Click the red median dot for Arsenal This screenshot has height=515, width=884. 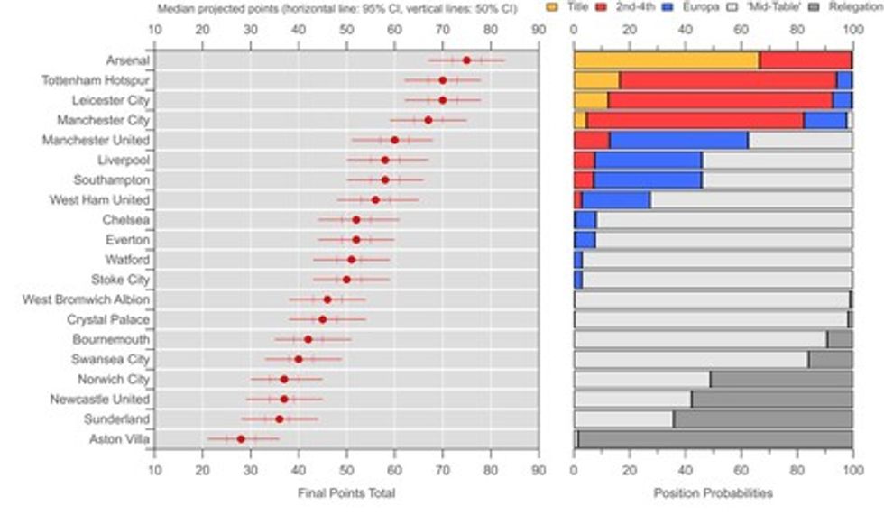coord(466,60)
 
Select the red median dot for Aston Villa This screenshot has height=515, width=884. coord(241,439)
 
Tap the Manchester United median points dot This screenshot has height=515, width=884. coord(394,140)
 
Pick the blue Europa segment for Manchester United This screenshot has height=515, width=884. coord(678,140)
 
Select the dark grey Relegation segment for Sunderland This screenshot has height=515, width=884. coord(762,419)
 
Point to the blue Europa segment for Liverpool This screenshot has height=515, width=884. coord(649,160)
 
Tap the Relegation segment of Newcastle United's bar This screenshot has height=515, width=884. coord(771,400)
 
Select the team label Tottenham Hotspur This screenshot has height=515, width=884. coord(95,80)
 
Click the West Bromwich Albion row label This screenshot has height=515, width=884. coord(86,299)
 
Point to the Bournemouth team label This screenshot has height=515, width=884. coord(111,339)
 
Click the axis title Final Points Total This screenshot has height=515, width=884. coord(345,493)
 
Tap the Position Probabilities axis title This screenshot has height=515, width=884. coord(713,493)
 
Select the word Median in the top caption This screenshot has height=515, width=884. coord(175,8)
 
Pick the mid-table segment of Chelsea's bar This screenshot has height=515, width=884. coord(723,220)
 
